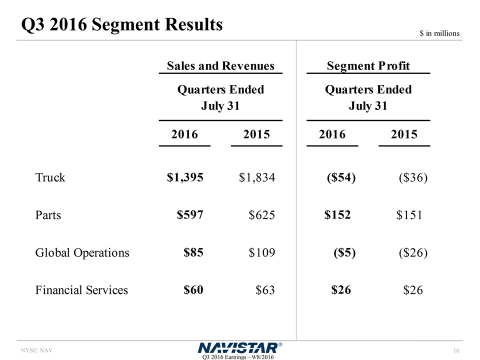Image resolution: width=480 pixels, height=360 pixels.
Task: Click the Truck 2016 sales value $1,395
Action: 185,177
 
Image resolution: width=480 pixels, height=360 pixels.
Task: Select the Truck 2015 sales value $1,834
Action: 257,177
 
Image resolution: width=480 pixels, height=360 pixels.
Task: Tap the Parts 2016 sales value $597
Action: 190,214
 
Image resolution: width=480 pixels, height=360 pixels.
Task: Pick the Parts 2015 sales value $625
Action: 261,215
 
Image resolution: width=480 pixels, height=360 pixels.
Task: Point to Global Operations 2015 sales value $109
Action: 261,253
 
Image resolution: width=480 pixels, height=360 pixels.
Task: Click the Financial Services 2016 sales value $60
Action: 193,289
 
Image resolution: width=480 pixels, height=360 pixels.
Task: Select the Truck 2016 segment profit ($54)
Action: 340,177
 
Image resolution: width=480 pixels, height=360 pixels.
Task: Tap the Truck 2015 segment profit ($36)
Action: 413,177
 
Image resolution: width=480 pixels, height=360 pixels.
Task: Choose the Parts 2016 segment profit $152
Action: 337,214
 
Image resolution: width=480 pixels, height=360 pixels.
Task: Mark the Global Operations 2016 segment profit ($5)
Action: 344,252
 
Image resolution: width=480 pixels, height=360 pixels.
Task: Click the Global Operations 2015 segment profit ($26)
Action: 413,253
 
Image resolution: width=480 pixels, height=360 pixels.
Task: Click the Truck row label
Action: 50,177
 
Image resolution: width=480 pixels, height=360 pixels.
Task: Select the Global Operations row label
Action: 82,252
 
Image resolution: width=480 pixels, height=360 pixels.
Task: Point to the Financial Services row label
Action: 81,290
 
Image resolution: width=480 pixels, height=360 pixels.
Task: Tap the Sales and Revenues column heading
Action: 220,65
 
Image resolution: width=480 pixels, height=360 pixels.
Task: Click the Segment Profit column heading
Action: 368,65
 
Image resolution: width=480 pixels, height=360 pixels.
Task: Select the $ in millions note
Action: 439,33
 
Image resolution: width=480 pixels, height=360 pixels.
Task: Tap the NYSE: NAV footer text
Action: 36,350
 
